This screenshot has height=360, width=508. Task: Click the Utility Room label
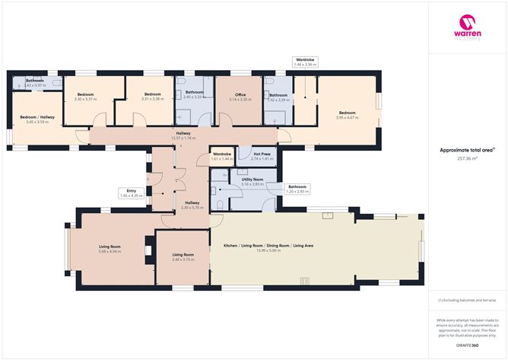coord(252,181)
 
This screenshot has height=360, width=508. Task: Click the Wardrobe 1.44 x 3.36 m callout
coord(305,62)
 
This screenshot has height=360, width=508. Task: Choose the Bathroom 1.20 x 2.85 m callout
coord(297,189)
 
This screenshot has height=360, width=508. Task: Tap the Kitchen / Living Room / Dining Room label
coord(268,247)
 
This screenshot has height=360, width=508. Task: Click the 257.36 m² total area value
coord(467,159)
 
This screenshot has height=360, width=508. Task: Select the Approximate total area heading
coord(467,151)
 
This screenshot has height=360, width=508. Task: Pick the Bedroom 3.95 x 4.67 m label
coord(347,115)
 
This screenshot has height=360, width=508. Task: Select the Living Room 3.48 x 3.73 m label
coord(183,256)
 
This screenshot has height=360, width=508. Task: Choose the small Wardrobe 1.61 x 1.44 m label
coord(221,157)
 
